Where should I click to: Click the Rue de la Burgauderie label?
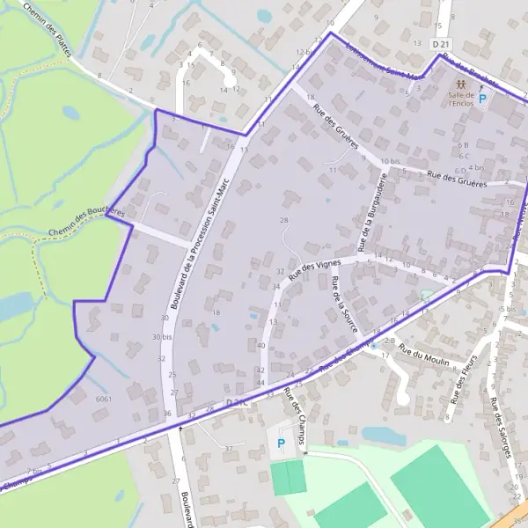[371, 209]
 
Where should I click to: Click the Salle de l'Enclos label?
[460, 99]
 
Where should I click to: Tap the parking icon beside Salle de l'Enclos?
[482, 99]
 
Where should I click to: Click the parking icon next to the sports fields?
[281, 444]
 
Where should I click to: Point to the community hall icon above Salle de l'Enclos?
[460, 84]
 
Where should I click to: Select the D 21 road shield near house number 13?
[441, 44]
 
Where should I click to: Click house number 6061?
[104, 399]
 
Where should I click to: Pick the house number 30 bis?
[162, 336]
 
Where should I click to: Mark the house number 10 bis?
[390, 162]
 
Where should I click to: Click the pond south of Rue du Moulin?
[385, 436]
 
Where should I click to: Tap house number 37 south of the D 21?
[228, 449]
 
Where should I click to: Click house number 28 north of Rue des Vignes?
[283, 219]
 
